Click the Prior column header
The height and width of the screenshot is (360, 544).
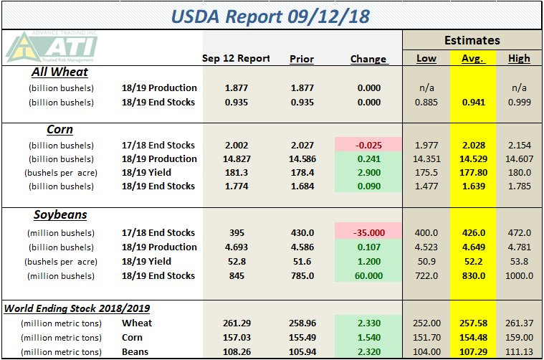point(302,59)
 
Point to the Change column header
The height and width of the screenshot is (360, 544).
point(368,59)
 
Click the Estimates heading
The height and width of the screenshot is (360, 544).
point(472,40)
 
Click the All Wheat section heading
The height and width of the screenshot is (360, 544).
point(59,72)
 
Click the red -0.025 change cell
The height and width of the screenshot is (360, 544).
point(368,145)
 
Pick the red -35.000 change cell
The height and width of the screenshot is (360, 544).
point(368,233)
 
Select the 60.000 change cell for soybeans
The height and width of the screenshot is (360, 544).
point(368,275)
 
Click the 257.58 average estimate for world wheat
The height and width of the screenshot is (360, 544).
point(472,323)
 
